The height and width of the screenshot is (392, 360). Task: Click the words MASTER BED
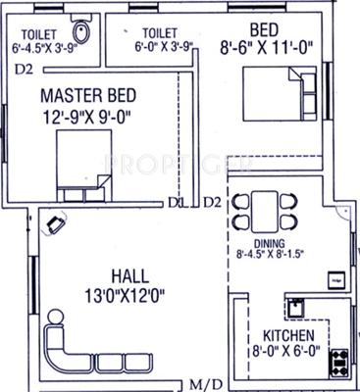(x=89, y=96)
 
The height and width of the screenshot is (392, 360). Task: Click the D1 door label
(x=176, y=203)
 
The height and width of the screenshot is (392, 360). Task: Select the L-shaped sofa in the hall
(x=74, y=348)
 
